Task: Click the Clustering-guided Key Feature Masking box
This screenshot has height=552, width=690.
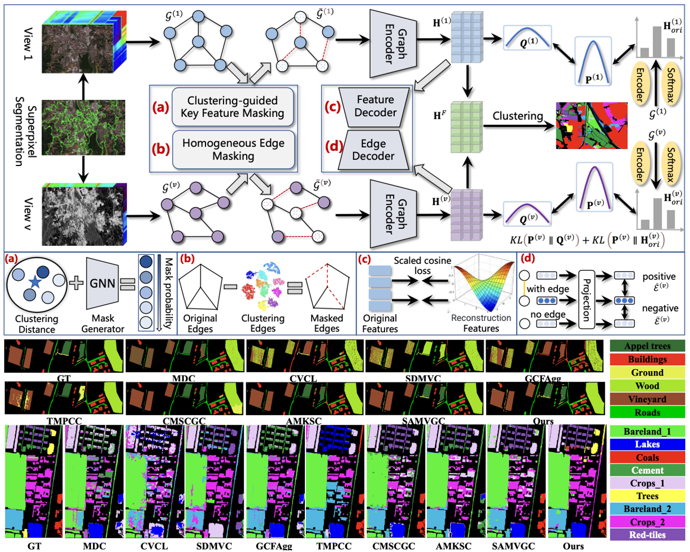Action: click(x=232, y=107)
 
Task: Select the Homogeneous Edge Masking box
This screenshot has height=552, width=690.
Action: click(x=233, y=149)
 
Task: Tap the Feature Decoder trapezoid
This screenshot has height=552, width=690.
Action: click(x=375, y=106)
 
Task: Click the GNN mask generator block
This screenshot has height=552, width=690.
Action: click(x=102, y=283)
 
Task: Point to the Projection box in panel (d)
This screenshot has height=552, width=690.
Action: click(x=586, y=299)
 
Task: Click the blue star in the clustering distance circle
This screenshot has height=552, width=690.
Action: click(x=35, y=282)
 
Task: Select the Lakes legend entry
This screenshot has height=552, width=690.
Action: click(x=647, y=444)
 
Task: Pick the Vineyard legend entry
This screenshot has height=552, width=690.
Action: click(x=647, y=399)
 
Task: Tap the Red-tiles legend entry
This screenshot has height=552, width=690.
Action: click(x=647, y=535)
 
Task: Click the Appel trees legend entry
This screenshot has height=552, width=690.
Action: click(x=647, y=346)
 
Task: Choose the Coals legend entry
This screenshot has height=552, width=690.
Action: click(x=647, y=457)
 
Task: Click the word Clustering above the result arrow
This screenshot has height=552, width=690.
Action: click(x=518, y=116)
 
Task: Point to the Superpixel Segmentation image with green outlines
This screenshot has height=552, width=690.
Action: click(x=83, y=127)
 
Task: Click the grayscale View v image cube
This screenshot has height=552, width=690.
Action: click(x=83, y=214)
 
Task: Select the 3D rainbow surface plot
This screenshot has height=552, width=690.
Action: click(x=482, y=283)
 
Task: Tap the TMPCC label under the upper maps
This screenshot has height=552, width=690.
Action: click(x=64, y=421)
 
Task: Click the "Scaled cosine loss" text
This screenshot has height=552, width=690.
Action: click(x=422, y=265)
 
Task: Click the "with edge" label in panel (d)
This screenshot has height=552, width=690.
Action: click(x=548, y=289)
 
